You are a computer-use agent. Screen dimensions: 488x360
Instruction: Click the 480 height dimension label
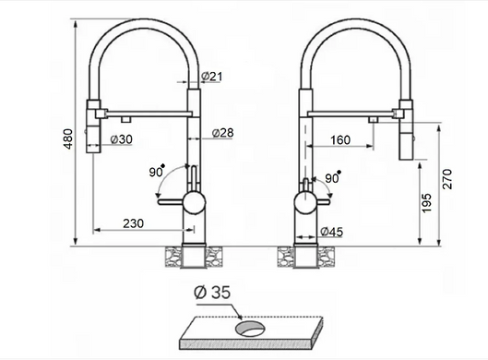click(68, 138)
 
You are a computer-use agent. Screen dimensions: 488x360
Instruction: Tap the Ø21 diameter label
click(212, 76)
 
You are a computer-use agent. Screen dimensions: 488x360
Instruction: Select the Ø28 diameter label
click(222, 133)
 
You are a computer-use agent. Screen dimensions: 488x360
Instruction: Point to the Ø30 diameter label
click(122, 139)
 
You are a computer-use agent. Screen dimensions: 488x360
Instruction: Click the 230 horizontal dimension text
click(133, 223)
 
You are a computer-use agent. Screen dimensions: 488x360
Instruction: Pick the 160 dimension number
click(340, 140)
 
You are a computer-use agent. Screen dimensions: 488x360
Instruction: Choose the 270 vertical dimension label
click(446, 179)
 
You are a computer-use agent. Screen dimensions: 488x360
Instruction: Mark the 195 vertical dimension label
click(427, 203)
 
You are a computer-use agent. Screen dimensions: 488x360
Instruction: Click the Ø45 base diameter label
click(331, 232)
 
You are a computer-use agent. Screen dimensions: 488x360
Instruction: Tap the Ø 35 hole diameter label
click(212, 292)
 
